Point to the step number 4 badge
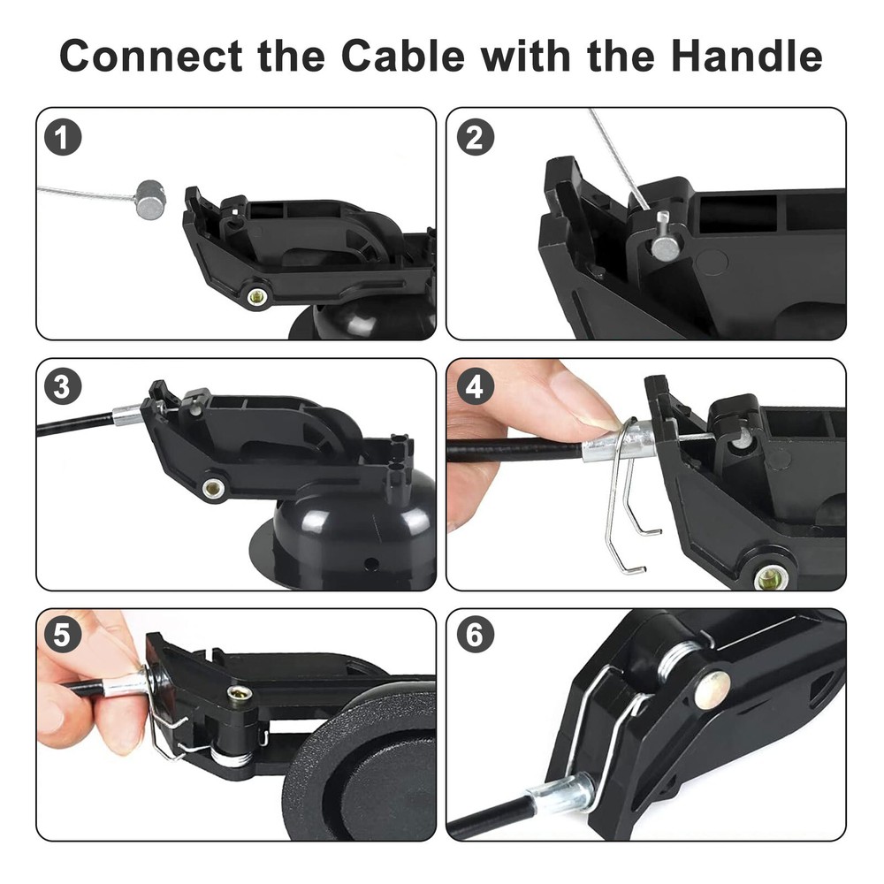tap(476, 386)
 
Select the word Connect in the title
tap(149, 56)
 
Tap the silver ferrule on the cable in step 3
tap(129, 413)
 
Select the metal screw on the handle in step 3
tap(213, 487)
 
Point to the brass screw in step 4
tap(771, 577)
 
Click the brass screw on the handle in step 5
tap(240, 694)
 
